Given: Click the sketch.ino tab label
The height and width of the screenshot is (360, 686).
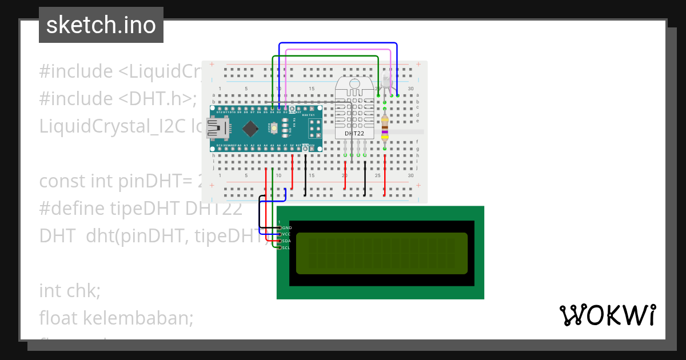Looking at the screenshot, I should (101, 25).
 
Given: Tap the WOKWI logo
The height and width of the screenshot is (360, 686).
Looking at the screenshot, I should (607, 315).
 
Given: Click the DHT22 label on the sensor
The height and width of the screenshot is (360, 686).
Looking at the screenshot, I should (354, 133).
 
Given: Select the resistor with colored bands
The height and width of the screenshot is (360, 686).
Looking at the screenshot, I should (385, 127).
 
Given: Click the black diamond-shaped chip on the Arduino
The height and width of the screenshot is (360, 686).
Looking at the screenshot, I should (250, 127).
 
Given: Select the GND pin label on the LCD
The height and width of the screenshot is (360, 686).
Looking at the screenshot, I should (287, 227).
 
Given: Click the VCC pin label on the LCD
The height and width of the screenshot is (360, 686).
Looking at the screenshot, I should (287, 234).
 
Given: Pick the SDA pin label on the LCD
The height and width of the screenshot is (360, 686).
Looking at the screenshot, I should (287, 241).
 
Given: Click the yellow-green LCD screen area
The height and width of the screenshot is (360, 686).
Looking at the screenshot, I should (381, 253).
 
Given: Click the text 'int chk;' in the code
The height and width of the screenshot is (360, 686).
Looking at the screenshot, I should (70, 290).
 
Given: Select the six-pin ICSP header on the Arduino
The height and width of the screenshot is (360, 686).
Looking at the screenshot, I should (314, 129).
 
